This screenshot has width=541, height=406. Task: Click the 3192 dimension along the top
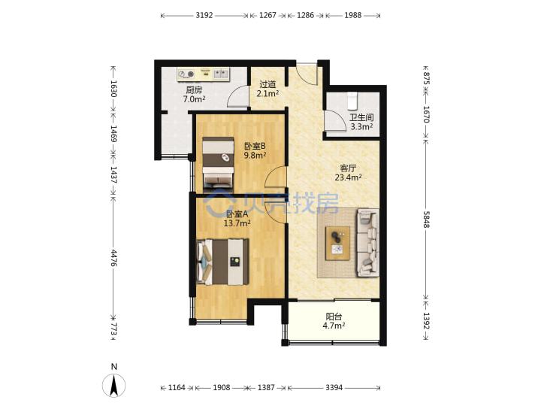coord(204,15)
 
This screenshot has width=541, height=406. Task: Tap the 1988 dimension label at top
coord(352,15)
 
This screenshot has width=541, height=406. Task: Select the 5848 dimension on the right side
coord(427,220)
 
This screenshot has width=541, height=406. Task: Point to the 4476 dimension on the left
coord(113,258)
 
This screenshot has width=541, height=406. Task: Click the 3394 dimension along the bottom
coord(334,388)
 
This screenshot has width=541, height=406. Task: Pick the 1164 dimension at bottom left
coord(177,388)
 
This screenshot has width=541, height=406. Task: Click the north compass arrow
coord(114,385)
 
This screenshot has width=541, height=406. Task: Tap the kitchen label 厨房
coord(194,90)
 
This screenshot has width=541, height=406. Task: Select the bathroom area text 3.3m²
coord(361,127)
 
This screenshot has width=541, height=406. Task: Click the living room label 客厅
coord(348,168)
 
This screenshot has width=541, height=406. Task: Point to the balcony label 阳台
coord(334,317)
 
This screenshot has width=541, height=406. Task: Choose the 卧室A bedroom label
coord(237,214)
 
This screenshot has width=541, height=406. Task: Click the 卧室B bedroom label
coord(255,146)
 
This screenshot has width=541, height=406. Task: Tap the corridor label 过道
coord(267,84)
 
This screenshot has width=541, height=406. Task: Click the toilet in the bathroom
coord(352,101)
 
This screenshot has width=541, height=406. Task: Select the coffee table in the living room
coord(337,244)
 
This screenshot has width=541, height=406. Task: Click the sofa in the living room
coord(367,243)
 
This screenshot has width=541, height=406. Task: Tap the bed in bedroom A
coord(222,262)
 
